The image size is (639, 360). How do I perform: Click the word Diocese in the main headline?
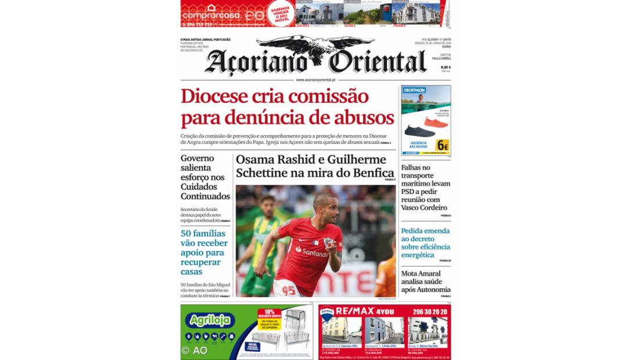pyautogui.click(x=213, y=96)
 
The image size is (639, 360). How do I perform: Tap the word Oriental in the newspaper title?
pyautogui.click(x=378, y=62)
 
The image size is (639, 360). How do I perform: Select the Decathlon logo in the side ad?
pyautogui.click(x=415, y=90)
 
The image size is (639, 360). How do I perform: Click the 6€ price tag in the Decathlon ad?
pyautogui.click(x=443, y=146)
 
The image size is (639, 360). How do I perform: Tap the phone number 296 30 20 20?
pyautogui.click(x=428, y=312)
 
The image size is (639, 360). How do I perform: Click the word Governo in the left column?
pyautogui.click(x=197, y=158)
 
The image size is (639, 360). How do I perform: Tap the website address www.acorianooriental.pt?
pyautogui.click(x=315, y=80)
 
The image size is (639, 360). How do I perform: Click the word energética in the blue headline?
pyautogui.click(x=417, y=255)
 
